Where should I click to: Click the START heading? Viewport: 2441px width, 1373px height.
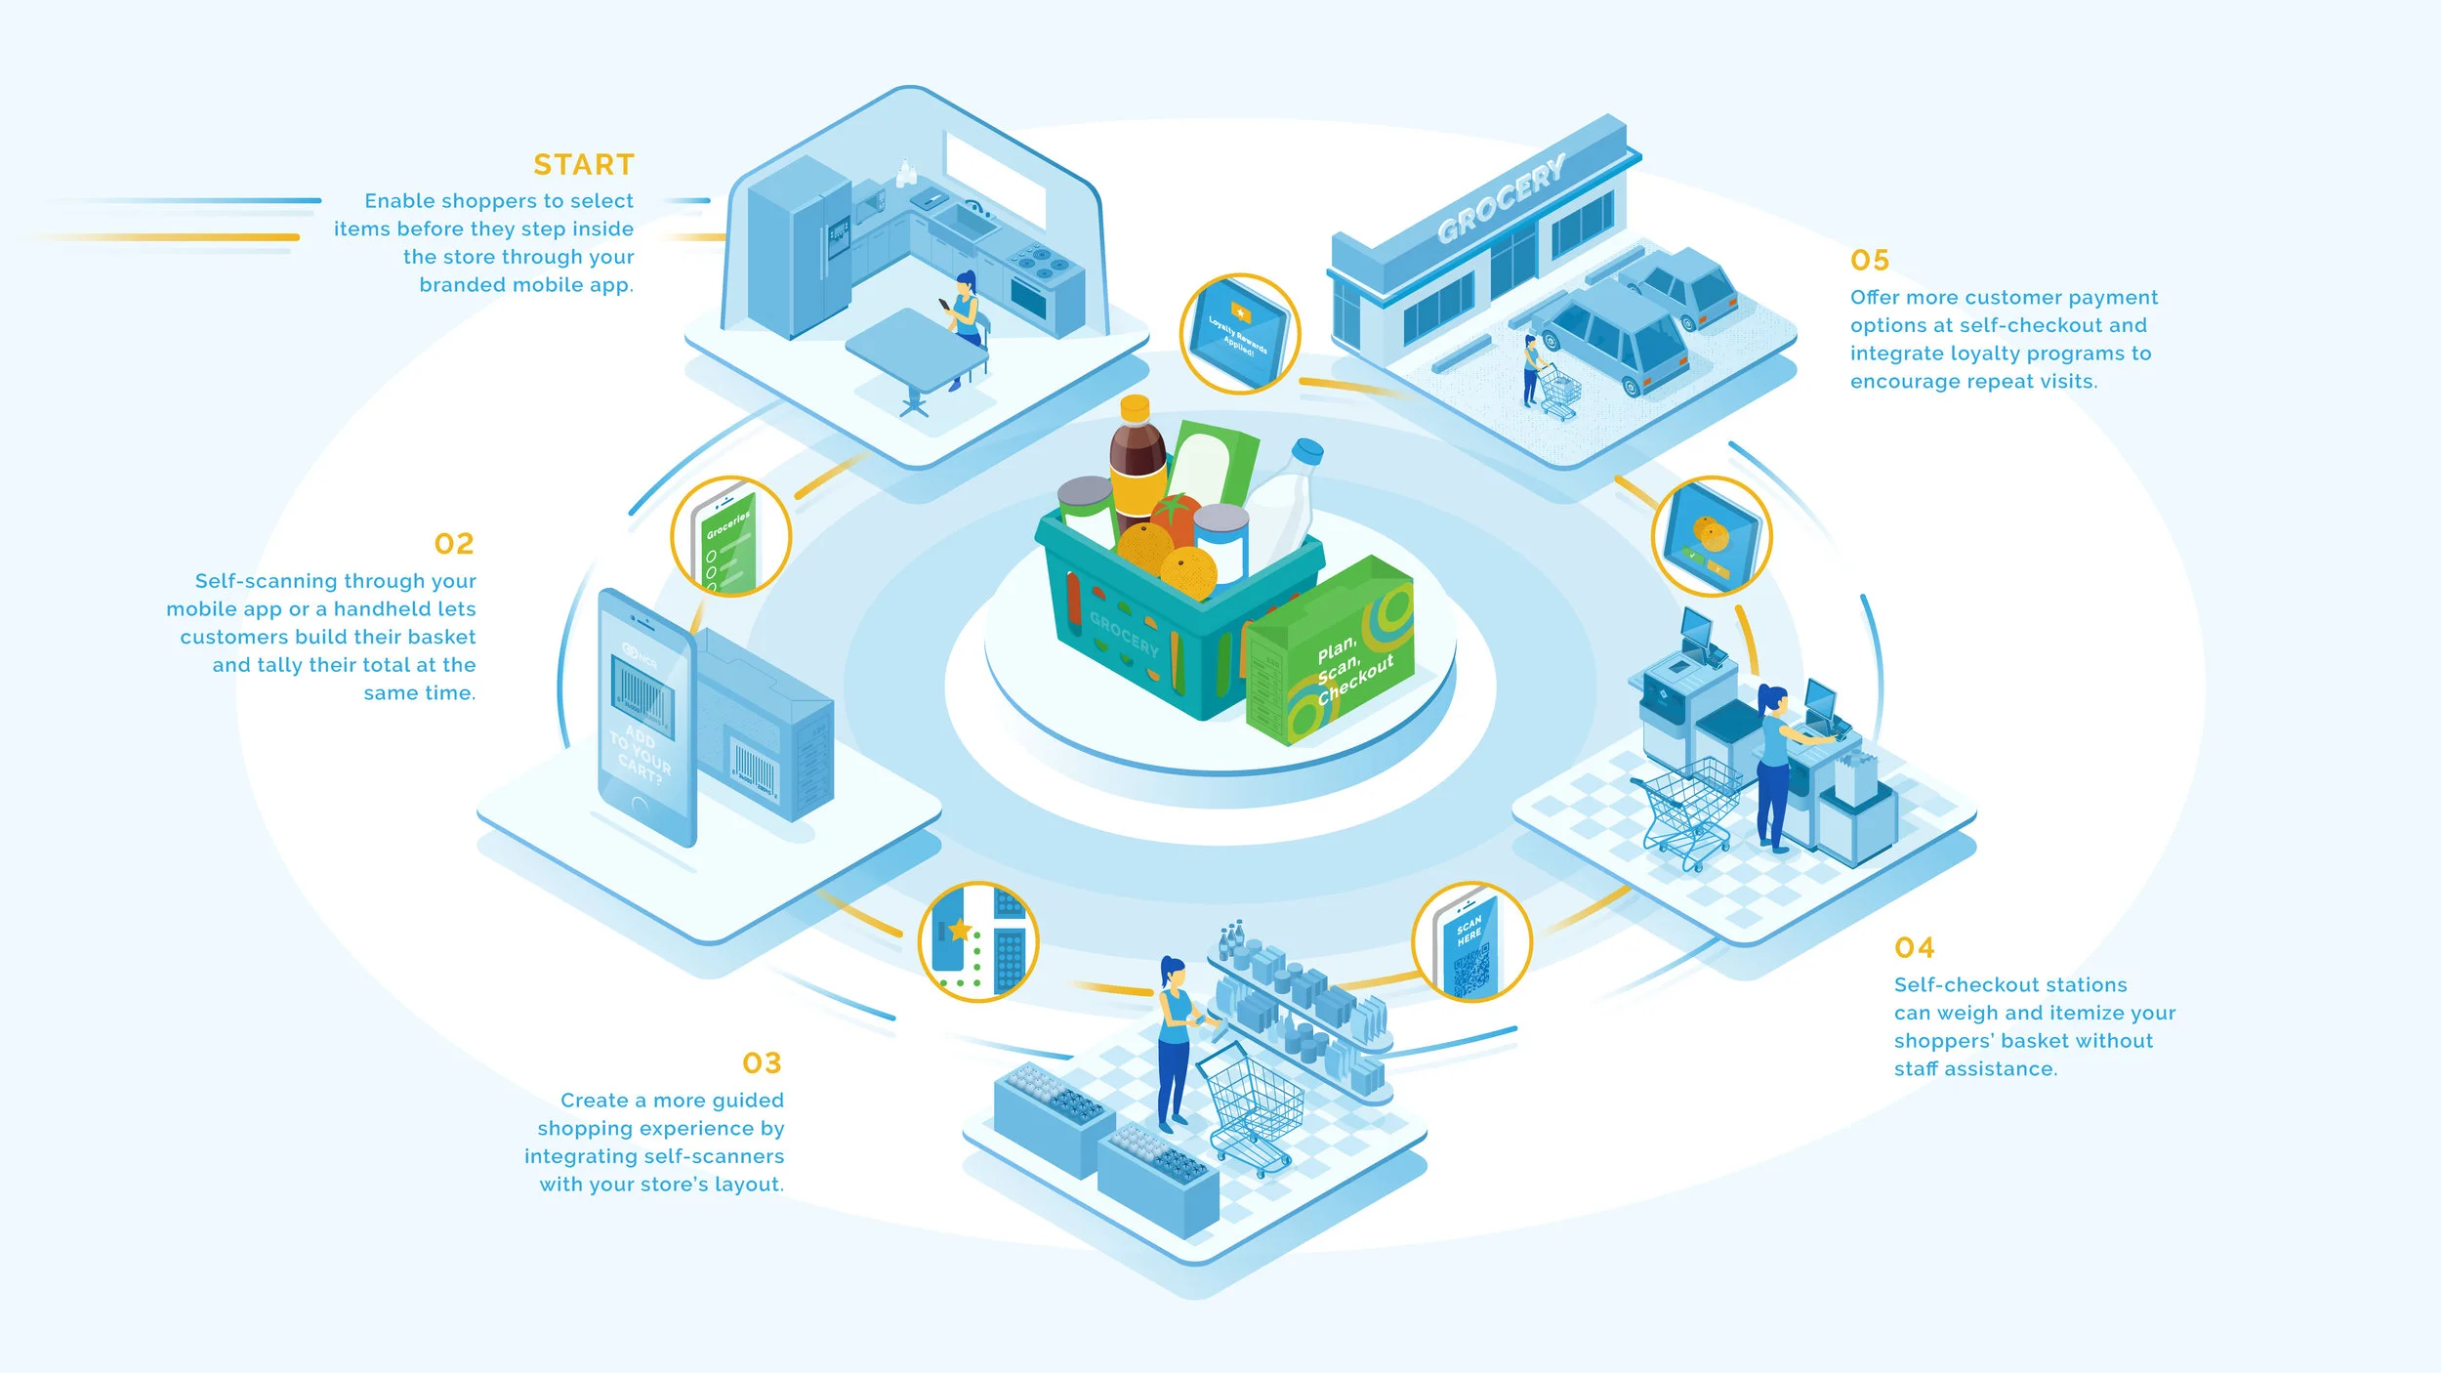coord(583,164)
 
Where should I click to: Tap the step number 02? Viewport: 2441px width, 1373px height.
coord(454,543)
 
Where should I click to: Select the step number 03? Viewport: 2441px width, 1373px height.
coord(762,1062)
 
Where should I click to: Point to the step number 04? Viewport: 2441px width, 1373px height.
coord(1914,947)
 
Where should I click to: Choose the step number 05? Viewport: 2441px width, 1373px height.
coord(1870,260)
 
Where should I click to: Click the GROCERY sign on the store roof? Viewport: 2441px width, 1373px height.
coord(1502,198)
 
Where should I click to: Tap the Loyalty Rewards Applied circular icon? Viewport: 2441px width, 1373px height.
coord(1239,334)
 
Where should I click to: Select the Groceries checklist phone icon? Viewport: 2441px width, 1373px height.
coord(730,537)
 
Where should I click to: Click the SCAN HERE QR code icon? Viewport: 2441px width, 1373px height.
coord(1470,943)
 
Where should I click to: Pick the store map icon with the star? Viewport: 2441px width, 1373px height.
coord(977,941)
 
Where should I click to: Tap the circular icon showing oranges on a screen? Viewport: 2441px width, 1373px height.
coord(1711,537)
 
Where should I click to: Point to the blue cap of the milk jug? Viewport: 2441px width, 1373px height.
coord(1307,450)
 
